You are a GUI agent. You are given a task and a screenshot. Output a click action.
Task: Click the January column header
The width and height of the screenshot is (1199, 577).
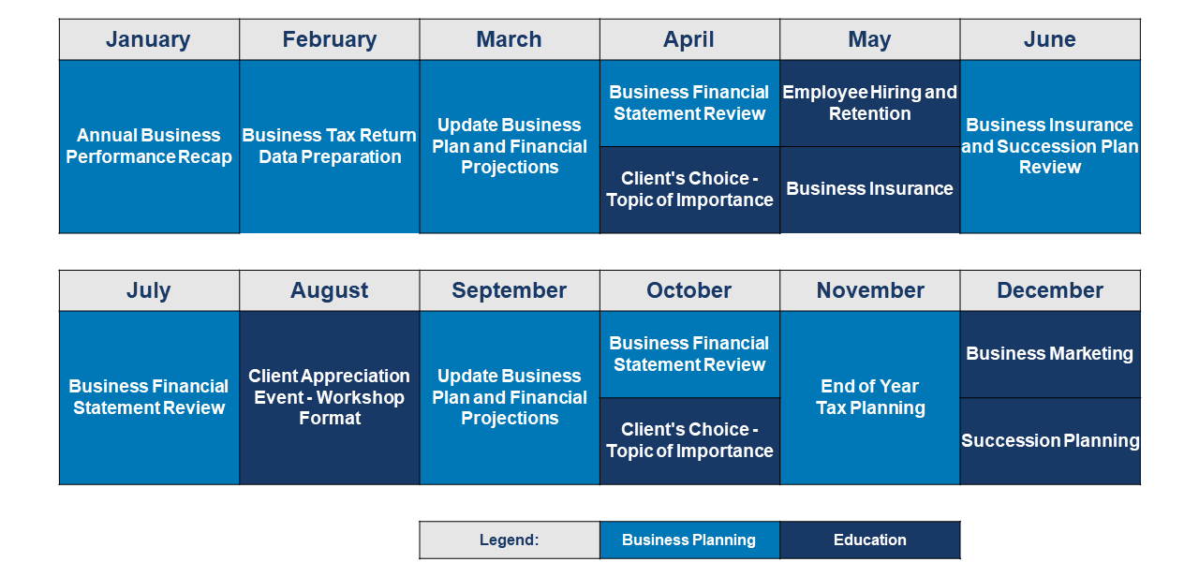coord(149,39)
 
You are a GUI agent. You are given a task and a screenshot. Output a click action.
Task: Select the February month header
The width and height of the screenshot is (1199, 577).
coord(329,39)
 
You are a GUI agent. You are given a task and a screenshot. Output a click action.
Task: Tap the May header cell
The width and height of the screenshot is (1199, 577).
coord(870,39)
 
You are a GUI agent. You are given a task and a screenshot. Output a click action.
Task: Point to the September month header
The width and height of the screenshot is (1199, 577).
coord(510,290)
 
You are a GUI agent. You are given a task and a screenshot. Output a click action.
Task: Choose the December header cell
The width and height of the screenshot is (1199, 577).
coord(1050,290)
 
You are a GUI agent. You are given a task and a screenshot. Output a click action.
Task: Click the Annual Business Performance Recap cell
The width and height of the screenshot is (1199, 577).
coord(149,147)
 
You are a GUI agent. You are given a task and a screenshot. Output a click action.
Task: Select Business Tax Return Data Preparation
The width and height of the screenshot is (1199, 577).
coord(329,147)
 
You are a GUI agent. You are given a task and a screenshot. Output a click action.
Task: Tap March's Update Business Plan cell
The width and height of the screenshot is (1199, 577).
coord(510,147)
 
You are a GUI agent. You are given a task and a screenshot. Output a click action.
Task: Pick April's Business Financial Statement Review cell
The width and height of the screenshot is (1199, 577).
coord(689,103)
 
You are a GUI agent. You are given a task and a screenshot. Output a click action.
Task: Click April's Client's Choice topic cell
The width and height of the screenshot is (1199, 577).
coord(689,190)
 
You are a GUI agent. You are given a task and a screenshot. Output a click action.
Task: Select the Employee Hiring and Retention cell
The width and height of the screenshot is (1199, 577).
coord(870,103)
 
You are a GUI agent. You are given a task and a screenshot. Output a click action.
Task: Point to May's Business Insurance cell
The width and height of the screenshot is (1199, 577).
coord(870,190)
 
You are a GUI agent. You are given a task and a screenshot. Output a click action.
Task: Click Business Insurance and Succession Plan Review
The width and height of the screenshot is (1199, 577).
coord(1050,147)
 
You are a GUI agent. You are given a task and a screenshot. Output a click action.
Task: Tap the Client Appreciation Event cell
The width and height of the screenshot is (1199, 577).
coord(329,398)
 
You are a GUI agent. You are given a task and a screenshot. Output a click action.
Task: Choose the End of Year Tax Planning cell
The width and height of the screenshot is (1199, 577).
coord(870,398)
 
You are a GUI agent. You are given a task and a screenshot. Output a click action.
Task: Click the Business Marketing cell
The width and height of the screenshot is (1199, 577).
coord(1050,354)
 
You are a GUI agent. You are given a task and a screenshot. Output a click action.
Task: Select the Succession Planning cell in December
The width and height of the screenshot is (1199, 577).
coord(1050,441)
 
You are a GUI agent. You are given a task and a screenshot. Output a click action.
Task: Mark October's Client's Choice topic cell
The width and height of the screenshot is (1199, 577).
coord(689,441)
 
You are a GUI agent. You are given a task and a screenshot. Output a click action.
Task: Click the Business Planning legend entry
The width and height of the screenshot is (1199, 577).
coord(689,540)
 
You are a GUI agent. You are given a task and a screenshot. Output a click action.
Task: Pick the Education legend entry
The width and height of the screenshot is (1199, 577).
coord(870,540)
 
